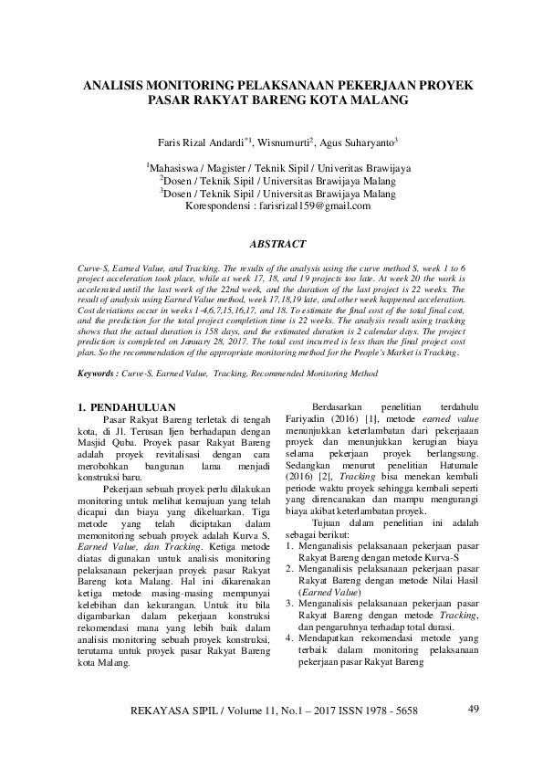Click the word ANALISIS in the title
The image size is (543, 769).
114,84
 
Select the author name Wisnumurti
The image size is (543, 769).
284,142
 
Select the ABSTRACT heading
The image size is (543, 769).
271,245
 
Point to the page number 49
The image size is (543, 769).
473,709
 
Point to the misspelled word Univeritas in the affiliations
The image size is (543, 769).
346,168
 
